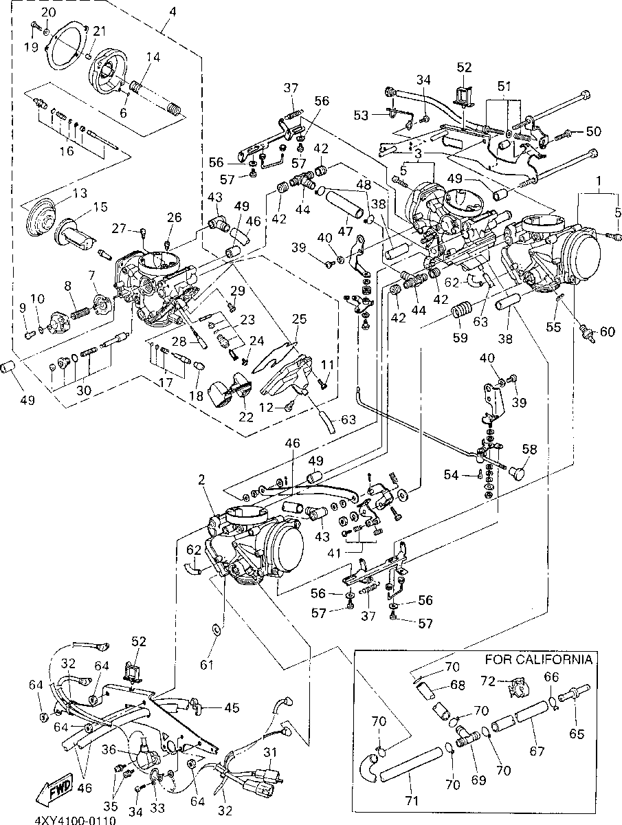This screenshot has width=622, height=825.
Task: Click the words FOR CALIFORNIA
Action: click(x=538, y=660)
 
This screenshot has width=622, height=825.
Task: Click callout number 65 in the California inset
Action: click(x=576, y=734)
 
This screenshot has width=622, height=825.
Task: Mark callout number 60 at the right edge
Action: click(x=607, y=332)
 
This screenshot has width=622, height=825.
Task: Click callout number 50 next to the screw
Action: click(x=592, y=131)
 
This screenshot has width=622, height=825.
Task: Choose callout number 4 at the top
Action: click(x=172, y=12)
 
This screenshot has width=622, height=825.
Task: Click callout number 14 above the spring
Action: click(x=153, y=58)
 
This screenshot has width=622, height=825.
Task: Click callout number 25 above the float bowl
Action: click(x=299, y=320)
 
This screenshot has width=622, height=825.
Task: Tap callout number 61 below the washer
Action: click(x=208, y=664)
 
